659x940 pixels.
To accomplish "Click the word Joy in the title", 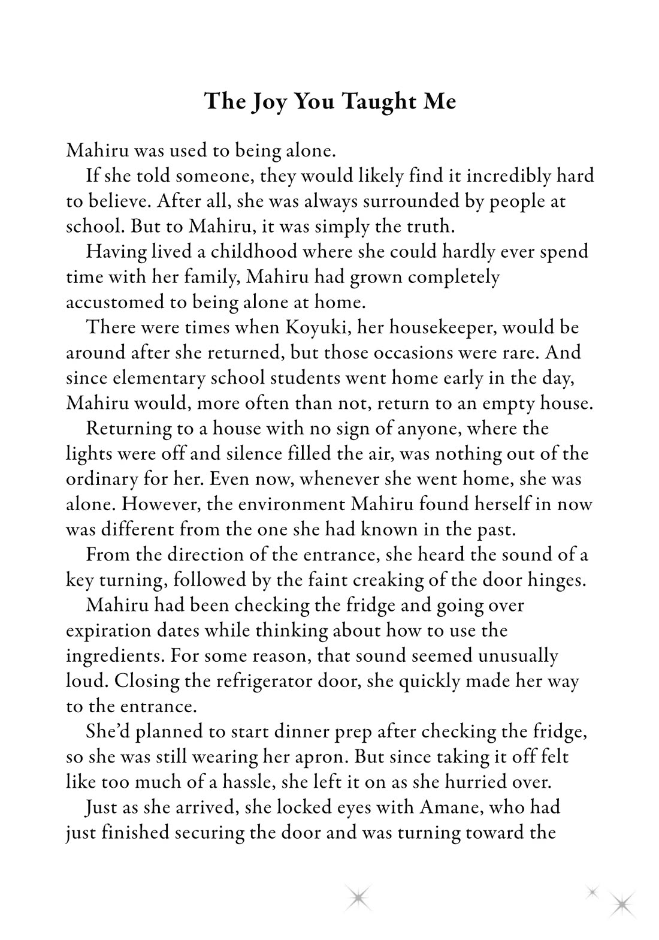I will coord(268,102).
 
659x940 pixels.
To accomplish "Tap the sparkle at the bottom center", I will coord(358,897).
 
